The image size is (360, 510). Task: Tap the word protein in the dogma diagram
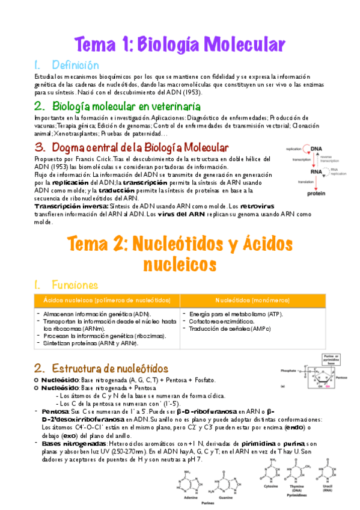[317, 194]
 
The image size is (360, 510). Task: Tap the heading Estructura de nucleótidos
[110, 368]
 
